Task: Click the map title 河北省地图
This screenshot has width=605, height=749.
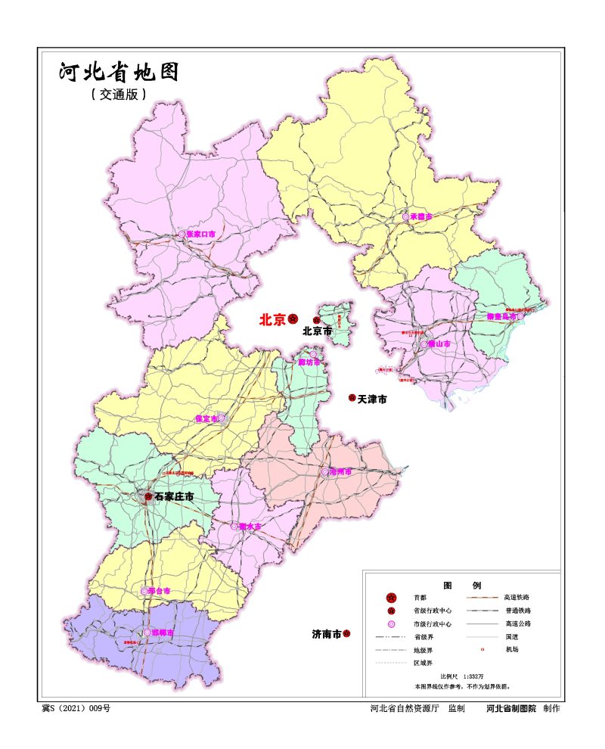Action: (119, 73)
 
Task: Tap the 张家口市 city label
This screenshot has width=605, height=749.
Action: (201, 235)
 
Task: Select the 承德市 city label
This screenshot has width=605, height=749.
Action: (420, 216)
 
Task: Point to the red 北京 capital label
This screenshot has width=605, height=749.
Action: (272, 320)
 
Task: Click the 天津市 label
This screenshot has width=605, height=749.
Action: (372, 399)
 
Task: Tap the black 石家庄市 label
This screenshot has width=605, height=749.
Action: (174, 497)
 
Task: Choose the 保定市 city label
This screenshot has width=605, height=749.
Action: (206, 418)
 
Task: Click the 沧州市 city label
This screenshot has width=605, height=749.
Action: (341, 471)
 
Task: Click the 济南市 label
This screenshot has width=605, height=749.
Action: (327, 634)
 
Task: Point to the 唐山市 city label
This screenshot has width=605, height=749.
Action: (440, 343)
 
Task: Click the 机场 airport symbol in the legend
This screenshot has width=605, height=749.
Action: (481, 649)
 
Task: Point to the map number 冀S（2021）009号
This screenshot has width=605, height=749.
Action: (76, 709)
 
